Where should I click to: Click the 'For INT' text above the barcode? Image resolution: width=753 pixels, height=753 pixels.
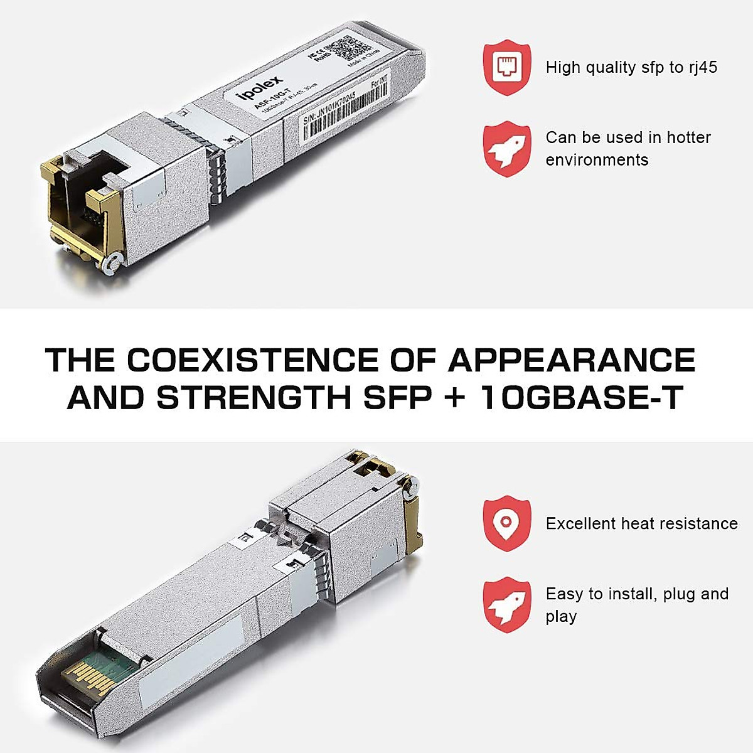380,82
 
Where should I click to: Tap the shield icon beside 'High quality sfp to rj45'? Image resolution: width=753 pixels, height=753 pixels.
506,67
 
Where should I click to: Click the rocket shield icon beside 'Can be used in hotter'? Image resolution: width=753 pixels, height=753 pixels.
506,148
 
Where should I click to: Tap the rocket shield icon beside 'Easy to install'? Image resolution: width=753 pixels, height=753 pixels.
506,604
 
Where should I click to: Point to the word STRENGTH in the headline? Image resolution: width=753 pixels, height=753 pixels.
254,397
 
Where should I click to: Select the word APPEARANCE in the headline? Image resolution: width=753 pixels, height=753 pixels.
572,360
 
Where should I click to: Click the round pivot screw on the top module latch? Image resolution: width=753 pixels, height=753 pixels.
112,264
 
